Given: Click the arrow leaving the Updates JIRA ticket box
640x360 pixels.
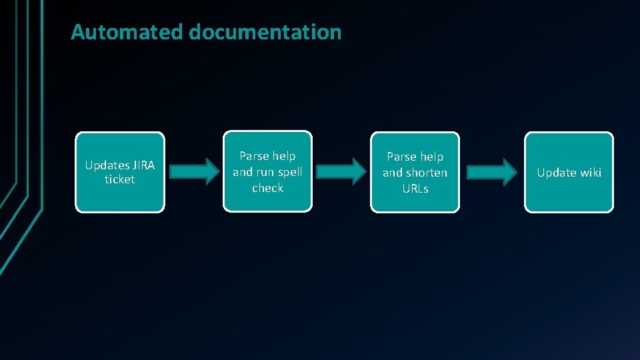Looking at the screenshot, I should (x=194, y=171).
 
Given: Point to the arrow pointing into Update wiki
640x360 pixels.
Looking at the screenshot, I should (x=492, y=171).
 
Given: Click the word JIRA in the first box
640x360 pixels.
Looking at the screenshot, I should (x=143, y=165).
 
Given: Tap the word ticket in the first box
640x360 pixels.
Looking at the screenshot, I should (x=119, y=179).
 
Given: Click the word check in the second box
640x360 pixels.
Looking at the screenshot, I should (x=267, y=188).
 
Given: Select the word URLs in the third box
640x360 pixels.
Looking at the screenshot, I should (x=415, y=189).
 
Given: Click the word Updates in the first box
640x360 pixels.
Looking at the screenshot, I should (x=107, y=165).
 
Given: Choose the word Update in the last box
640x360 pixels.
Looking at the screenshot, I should (x=556, y=173).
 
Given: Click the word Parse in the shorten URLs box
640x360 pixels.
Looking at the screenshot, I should (x=401, y=157).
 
